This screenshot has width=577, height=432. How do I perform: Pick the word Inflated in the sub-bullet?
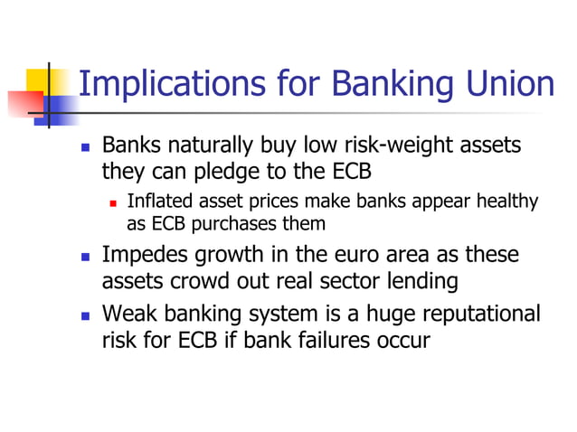coord(156,202)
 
